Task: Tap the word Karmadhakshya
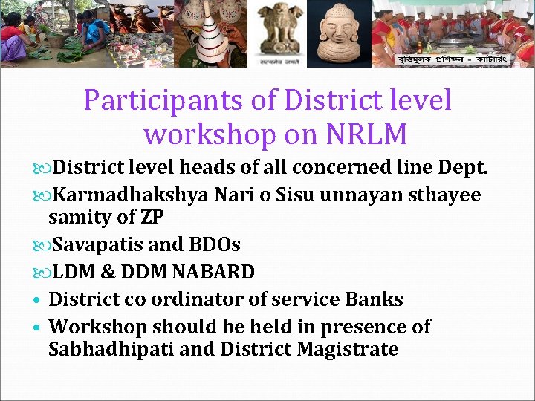132,195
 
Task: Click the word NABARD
213,273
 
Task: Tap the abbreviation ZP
152,218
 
